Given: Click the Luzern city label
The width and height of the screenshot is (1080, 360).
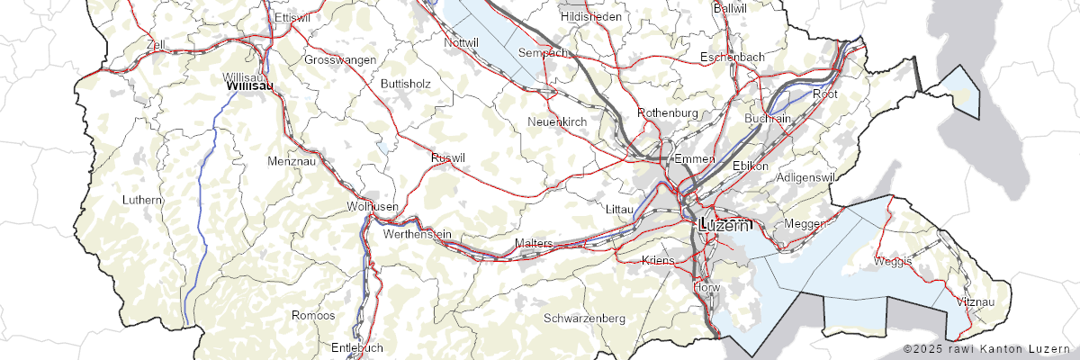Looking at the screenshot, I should point(724,226).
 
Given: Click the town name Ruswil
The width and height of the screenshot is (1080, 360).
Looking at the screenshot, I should point(448,158).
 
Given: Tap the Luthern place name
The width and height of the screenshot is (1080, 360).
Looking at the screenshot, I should point(144,199).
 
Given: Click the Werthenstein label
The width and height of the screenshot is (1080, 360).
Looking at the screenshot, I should point(417,234).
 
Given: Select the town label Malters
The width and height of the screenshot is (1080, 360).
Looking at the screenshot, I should point(533,244).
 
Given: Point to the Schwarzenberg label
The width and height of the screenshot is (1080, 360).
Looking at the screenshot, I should point(585,319).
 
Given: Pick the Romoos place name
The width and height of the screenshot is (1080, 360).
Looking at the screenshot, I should point(313,316).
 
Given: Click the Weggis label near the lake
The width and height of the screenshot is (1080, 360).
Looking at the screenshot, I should point(893,261).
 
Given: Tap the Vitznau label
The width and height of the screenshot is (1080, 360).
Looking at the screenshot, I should point(976,301).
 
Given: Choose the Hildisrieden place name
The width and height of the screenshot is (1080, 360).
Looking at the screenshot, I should point(591,17).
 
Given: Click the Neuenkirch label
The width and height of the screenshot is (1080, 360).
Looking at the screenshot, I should point(557,121).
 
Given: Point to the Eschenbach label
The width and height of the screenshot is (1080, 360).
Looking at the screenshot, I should point(733,58).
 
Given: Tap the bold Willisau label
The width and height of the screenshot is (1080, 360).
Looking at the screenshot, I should point(249,85).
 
